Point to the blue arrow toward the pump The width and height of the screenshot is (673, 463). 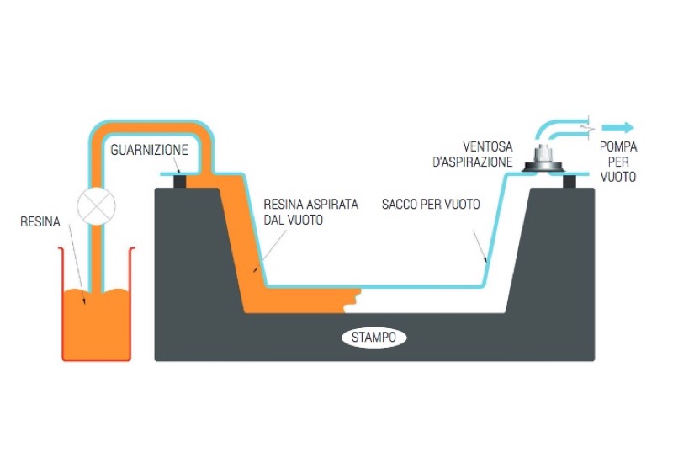[618, 128]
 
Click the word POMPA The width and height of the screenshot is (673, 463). [618, 146]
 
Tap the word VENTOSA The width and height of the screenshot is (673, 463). [487, 145]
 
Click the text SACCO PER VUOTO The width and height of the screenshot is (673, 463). [430, 205]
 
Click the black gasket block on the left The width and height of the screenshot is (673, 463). [179, 181]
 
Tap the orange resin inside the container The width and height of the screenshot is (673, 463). [97, 324]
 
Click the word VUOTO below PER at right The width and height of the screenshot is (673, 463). [618, 178]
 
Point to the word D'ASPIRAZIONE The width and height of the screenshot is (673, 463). [473, 160]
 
